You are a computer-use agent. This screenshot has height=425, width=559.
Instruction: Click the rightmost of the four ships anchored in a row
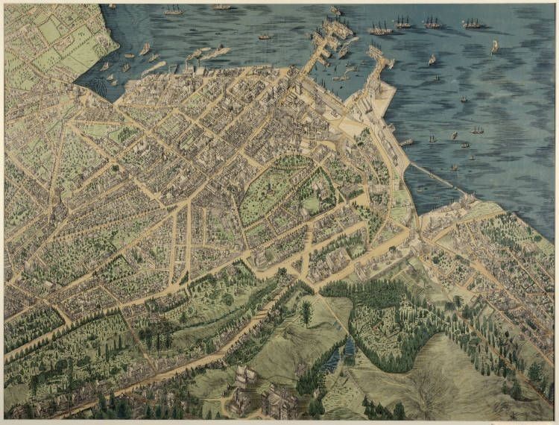click(472, 24)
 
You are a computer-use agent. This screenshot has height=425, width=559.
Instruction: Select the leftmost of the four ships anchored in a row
click(380, 30)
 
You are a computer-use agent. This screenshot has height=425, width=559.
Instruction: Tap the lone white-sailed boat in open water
click(493, 46)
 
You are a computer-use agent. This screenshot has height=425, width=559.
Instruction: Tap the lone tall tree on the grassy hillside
click(306, 312)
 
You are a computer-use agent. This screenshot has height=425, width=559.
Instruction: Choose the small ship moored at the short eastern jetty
click(407, 142)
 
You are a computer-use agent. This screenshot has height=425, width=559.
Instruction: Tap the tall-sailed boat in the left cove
click(144, 49)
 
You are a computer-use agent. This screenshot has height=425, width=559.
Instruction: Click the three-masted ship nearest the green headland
click(173, 10)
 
